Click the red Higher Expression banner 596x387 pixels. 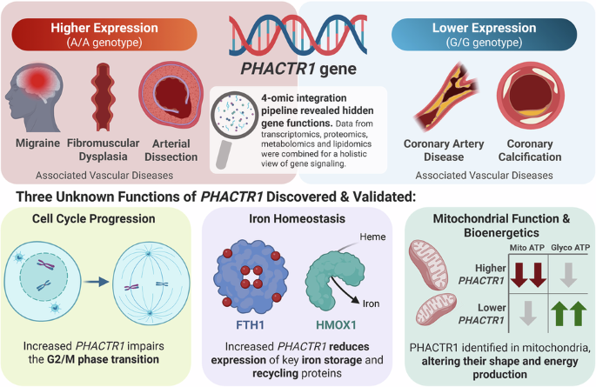pos(104,35)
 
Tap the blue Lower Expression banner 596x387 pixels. pos(484,35)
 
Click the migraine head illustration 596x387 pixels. pos(34,97)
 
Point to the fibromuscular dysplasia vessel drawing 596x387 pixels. pos(103,97)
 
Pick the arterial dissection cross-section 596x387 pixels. pos(171,95)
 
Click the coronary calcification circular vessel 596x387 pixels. pos(530,96)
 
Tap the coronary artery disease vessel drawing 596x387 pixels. pos(446,97)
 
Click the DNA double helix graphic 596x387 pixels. pos(298,35)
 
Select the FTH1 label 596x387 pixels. pos(250,325)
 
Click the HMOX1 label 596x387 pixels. pos(336,325)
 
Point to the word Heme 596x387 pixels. pos(372,237)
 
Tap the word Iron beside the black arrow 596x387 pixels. pos(371,304)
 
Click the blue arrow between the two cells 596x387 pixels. pos(97,282)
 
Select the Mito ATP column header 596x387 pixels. pos(526,248)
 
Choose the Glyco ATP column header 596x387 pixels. pos(570,248)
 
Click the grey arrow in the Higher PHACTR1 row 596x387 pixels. pos(569,275)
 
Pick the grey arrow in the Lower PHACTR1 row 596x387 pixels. pos(528,313)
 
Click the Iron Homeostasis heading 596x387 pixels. pos(298,219)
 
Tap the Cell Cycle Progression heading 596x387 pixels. pos(93,219)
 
